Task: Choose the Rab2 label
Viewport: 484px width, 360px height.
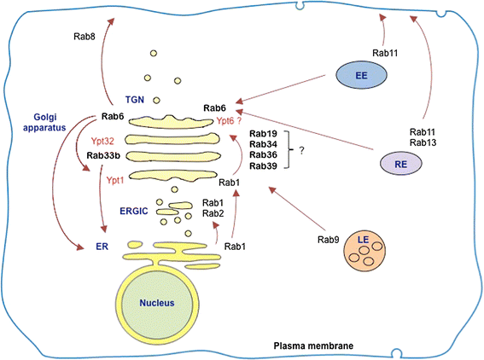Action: pos(213,214)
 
